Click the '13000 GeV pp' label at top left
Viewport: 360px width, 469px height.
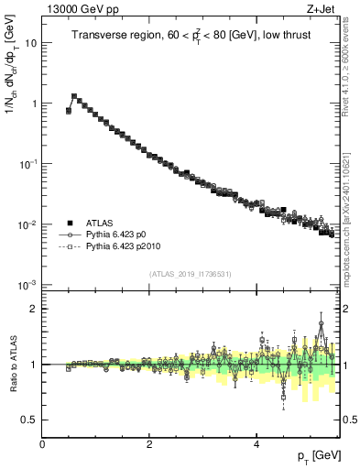point(75,9)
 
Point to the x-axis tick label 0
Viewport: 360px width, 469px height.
point(43,443)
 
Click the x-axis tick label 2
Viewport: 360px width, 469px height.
point(149,443)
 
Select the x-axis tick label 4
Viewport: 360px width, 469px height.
point(256,443)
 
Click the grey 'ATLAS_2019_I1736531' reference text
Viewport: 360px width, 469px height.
point(191,274)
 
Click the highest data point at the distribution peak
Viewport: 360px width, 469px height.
point(74,96)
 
